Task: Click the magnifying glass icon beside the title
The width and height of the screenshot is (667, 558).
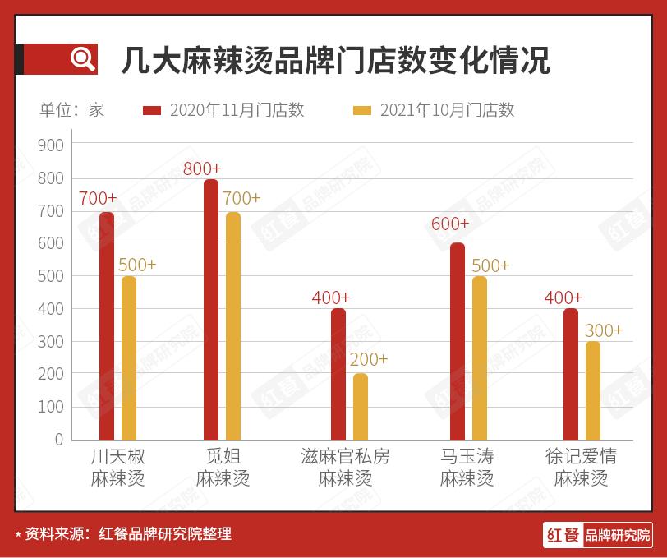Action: tap(82, 58)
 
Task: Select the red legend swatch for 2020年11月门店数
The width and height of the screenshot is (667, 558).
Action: tap(153, 110)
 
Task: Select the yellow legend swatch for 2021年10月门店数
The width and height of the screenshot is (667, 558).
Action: tap(362, 110)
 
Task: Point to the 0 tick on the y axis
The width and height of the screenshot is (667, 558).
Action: tap(58, 440)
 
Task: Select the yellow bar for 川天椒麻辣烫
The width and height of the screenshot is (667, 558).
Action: tap(129, 358)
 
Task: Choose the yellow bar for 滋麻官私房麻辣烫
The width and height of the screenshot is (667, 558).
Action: tap(361, 407)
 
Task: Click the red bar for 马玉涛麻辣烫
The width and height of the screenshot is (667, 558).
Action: tap(458, 342)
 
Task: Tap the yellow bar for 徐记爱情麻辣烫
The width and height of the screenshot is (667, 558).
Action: tap(593, 391)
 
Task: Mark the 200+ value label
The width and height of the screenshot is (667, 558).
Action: tap(369, 360)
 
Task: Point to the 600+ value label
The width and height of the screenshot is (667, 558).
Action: tap(450, 224)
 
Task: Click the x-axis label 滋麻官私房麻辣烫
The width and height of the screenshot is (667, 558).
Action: tap(346, 468)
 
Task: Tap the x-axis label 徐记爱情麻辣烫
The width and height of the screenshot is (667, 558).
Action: tap(581, 468)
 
